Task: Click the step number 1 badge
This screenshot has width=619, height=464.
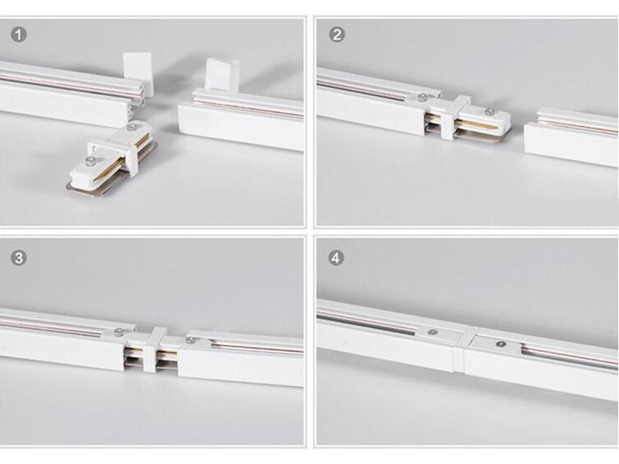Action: click(x=18, y=34)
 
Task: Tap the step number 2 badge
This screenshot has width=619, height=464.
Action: click(x=337, y=34)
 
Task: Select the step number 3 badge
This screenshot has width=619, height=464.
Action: click(x=18, y=258)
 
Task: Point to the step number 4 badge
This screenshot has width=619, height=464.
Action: click(x=336, y=258)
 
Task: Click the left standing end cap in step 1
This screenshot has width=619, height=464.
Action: click(x=137, y=70)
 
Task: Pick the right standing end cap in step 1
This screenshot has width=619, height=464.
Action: click(x=222, y=73)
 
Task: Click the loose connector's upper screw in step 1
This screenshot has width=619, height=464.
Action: click(x=131, y=128)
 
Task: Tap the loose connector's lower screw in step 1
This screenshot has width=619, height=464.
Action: click(x=91, y=160)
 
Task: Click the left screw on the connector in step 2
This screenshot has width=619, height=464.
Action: click(x=422, y=97)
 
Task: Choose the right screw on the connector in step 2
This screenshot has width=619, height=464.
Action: click(x=490, y=111)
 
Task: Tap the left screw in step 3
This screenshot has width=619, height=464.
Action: click(x=118, y=332)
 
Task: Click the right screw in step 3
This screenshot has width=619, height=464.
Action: click(x=190, y=339)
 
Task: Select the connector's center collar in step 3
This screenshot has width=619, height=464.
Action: click(x=154, y=350)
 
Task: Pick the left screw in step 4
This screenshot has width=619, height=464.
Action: click(x=433, y=333)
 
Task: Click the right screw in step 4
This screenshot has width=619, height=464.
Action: click(x=500, y=344)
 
